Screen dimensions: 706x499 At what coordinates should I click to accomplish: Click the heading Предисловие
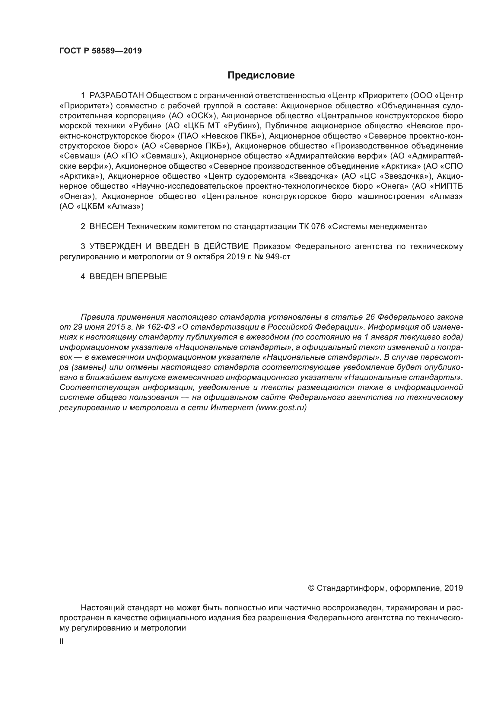261,75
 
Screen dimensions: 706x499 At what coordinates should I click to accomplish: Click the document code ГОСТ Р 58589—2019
100,51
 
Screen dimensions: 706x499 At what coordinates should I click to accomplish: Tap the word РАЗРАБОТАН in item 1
116,96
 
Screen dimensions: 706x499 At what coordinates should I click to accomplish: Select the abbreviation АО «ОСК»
193,116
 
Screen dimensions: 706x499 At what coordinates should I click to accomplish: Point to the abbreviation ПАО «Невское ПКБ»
221,136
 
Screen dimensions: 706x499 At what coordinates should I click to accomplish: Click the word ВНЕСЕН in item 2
106,227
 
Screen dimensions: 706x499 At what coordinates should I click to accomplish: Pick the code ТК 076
312,227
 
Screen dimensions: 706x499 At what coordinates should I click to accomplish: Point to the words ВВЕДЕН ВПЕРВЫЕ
128,276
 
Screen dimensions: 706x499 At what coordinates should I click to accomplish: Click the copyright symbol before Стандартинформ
311,588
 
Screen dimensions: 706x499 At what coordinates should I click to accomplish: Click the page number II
62,641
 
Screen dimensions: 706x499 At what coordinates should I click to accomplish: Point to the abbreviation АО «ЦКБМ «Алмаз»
101,206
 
